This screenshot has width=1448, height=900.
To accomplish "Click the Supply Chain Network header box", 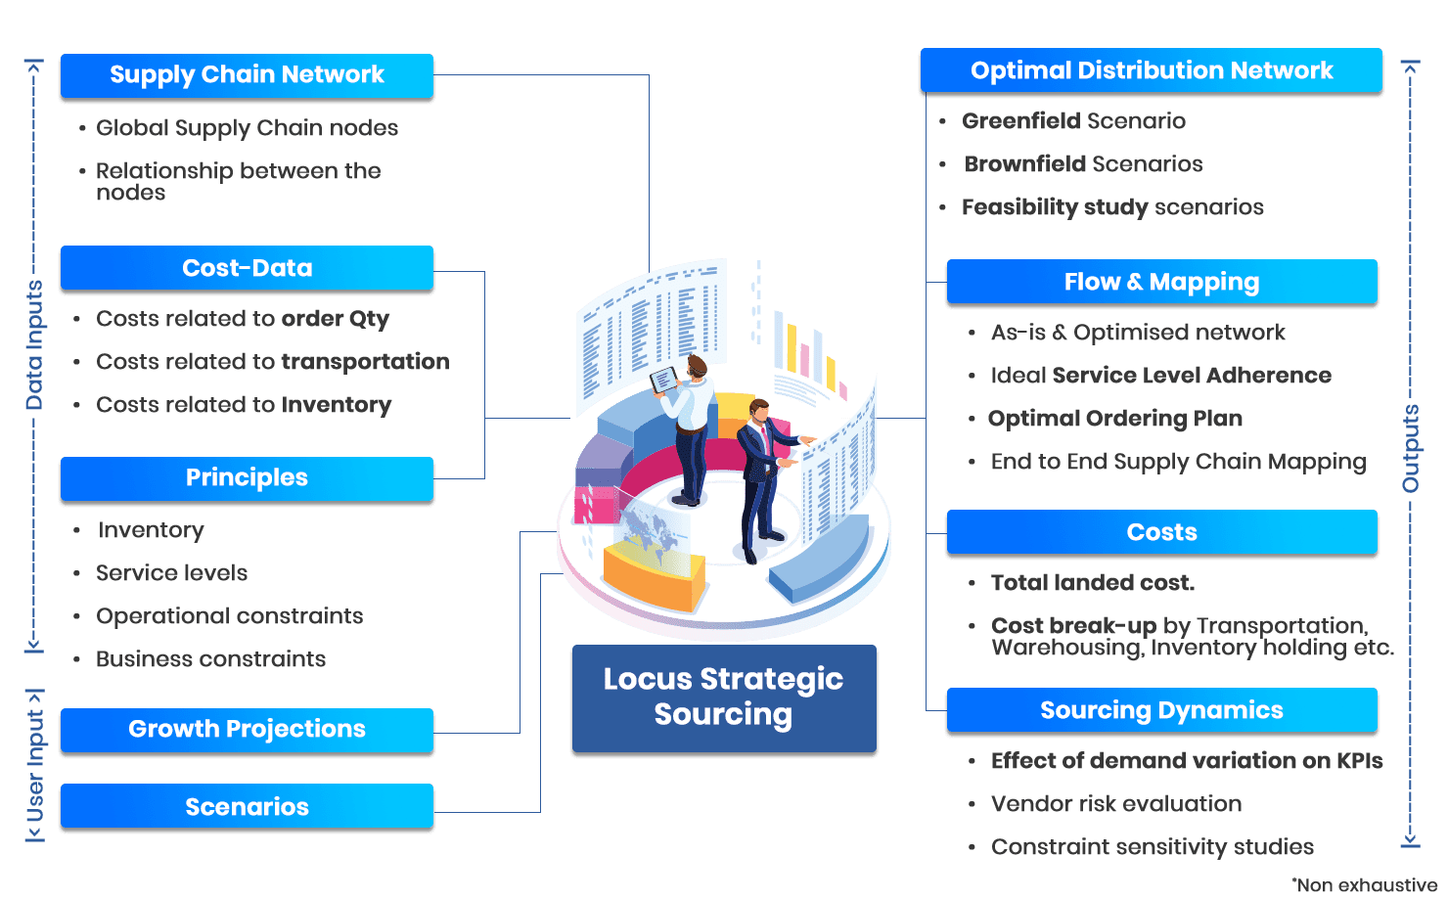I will (247, 75).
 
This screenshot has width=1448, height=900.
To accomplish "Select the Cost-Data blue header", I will (247, 268).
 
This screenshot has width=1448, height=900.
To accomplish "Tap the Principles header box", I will (247, 478).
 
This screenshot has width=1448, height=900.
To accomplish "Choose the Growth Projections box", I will (247, 730).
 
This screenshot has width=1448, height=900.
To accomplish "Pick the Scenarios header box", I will (247, 807).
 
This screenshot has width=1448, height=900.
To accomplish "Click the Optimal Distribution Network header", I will (1151, 70).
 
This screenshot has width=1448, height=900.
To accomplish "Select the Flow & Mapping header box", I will (1161, 283).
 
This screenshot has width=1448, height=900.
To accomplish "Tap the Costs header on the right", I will (1161, 533).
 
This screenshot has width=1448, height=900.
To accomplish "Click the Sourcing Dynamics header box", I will (1161, 711).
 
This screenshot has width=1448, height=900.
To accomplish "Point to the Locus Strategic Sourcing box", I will (723, 697).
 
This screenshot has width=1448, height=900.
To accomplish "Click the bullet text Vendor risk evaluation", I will (1115, 804).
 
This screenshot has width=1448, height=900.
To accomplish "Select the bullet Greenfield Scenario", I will (1073, 121).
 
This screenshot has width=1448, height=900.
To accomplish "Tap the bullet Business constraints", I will (210, 659).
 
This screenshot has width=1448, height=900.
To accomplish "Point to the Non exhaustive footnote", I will (1364, 885).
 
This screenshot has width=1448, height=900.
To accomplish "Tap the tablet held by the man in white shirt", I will (664, 380).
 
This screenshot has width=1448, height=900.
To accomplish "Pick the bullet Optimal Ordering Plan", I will (1114, 419).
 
